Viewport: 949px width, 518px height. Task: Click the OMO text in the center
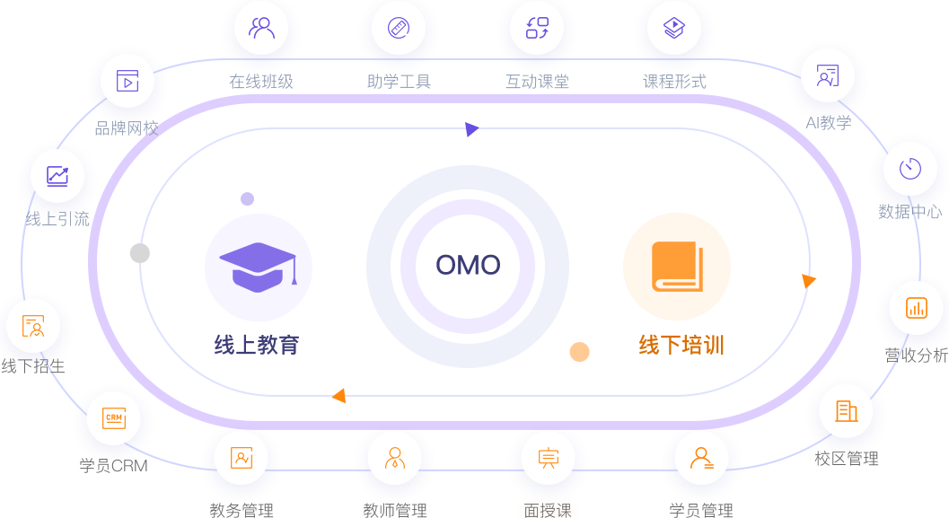(468, 266)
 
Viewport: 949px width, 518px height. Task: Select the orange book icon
(677, 267)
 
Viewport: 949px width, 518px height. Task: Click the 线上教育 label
(257, 345)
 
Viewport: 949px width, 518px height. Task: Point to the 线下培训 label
(681, 345)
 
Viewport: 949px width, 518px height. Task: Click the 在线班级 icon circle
(261, 29)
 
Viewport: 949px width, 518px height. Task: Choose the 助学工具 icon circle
(399, 28)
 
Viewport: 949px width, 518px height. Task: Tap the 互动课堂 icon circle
(537, 28)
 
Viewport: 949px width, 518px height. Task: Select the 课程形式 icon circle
(674, 28)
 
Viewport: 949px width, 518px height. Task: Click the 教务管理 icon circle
(241, 458)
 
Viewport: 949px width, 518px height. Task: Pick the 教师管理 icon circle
(394, 458)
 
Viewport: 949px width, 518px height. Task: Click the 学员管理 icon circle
(701, 458)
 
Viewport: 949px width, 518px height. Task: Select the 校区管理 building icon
(846, 412)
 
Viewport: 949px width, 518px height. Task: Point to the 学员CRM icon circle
(113, 419)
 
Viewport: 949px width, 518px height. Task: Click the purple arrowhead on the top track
(471, 129)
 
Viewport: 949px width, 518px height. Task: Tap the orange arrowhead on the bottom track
(338, 396)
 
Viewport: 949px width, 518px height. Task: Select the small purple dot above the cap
(247, 198)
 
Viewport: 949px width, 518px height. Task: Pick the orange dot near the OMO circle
(579, 352)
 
